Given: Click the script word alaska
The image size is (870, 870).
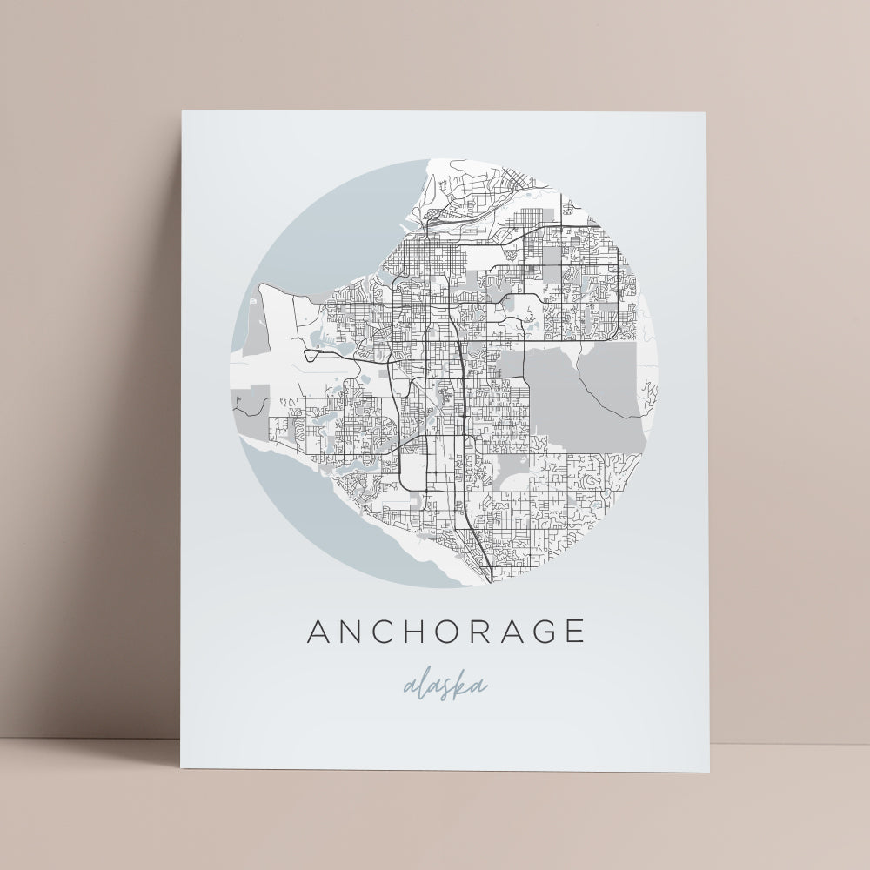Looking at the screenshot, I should point(445,686).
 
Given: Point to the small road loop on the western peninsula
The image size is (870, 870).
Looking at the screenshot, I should point(311,354).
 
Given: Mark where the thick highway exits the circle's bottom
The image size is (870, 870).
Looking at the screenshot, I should point(492,580).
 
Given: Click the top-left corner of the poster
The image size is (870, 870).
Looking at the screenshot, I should point(182,110).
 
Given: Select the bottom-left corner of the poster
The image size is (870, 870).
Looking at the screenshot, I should point(180,767).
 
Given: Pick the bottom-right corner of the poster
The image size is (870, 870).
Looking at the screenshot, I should point(708,772).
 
